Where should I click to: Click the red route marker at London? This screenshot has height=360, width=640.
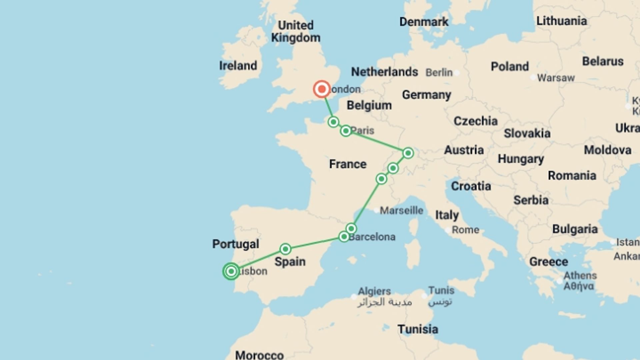tap(322, 89)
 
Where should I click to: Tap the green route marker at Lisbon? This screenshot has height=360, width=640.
tap(231, 271)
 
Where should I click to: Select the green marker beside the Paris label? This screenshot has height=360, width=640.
tap(346, 131)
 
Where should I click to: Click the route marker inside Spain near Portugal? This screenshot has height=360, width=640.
tap(285, 249)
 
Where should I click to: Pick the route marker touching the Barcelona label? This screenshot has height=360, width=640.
tap(344, 237)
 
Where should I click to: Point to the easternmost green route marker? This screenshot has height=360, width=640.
tap(408, 153)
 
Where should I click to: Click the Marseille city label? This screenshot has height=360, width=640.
tap(401, 210)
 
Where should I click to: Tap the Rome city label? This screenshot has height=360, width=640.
tap(465, 230)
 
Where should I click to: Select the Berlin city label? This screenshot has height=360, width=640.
tap(439, 72)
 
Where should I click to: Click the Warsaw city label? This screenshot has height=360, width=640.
tap(556, 78)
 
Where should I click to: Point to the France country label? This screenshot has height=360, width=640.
tap(348, 164)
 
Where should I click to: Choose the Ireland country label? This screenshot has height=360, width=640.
tap(238, 66)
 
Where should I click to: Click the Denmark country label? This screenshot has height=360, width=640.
tap(424, 22)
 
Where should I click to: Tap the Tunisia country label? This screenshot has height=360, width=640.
tap(418, 329)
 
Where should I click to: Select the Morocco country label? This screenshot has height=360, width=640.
tap(259, 355)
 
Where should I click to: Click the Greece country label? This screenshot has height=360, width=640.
tap(548, 262)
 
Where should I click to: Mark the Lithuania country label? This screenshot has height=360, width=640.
tap(561, 21)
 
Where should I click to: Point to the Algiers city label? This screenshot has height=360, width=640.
tap(374, 291)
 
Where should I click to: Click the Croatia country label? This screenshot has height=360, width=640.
tap(471, 186)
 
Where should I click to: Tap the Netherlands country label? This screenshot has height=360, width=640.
tap(384, 72)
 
